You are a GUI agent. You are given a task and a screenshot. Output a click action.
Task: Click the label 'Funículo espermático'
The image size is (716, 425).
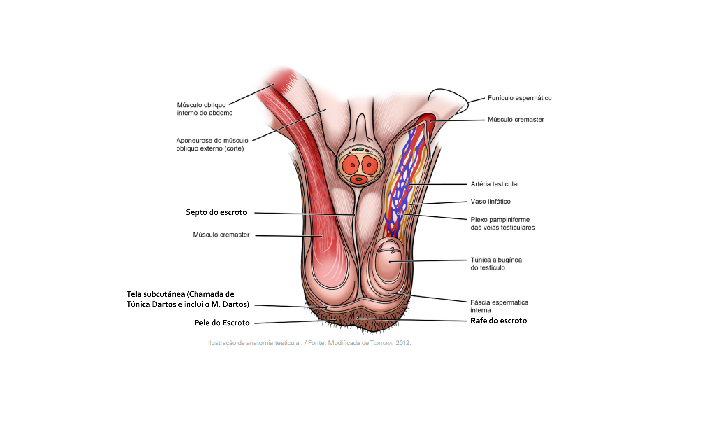pyautogui.click(x=519, y=98)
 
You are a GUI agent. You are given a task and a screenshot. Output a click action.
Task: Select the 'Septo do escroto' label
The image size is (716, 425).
pyautogui.click(x=216, y=212)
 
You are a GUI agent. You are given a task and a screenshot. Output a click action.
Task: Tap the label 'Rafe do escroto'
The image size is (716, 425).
pyautogui.click(x=498, y=321)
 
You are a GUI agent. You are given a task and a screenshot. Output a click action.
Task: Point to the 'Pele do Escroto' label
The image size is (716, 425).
pyautogui.click(x=222, y=323)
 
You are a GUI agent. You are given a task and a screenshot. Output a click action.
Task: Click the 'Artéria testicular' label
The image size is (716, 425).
pyautogui.click(x=495, y=184)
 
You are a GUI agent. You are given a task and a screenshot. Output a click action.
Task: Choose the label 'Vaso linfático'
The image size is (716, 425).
pyautogui.click(x=490, y=202)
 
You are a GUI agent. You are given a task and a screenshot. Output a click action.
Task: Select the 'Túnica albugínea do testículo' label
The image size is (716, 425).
pyautogui.click(x=496, y=264)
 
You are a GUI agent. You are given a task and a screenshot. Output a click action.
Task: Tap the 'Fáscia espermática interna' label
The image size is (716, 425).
pyautogui.click(x=499, y=306)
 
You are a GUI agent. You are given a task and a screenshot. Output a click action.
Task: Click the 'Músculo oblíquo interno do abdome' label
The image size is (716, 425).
pyautogui.click(x=205, y=109)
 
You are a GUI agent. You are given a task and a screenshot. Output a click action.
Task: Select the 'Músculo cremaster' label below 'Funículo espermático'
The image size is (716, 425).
pyautogui.click(x=515, y=120)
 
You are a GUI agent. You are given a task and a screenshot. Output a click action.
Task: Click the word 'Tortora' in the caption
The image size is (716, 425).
pyautogui.click(x=381, y=343)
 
